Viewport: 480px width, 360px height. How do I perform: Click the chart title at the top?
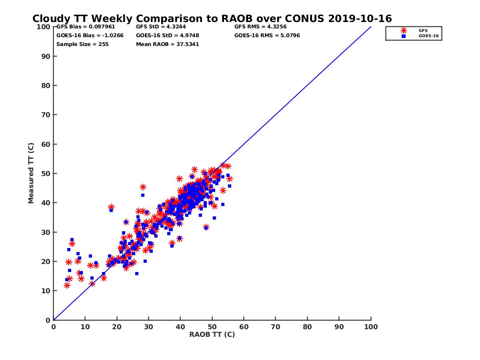pyautogui.click(x=212, y=18)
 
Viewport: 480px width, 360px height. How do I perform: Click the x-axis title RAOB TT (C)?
pyautogui.click(x=212, y=334)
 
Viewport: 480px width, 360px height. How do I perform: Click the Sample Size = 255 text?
pyautogui.click(x=82, y=44)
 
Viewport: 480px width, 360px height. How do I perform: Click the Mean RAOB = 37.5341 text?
pyautogui.click(x=168, y=44)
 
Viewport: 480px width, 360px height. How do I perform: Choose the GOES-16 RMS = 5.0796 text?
pyautogui.click(x=267, y=35)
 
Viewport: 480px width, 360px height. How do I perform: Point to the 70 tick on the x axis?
pyautogui.click(x=276, y=326)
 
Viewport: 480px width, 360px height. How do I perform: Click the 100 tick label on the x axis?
pyautogui.click(x=371, y=326)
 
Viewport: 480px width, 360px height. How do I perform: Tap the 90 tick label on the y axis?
pyautogui.click(x=46, y=56)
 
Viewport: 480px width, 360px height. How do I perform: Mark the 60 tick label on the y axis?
pyautogui.click(x=46, y=144)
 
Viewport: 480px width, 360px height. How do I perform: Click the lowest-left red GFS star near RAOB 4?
pyautogui.click(x=67, y=285)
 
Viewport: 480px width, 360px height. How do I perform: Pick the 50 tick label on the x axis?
pyautogui.click(x=212, y=326)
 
